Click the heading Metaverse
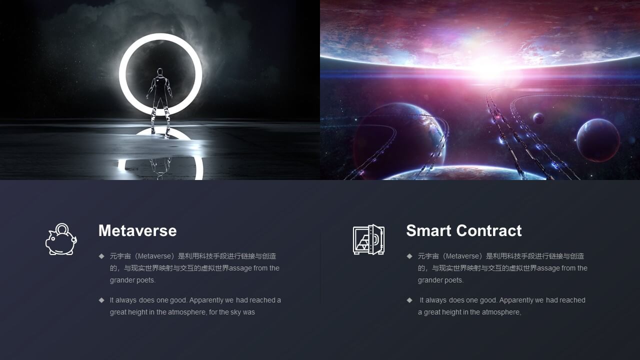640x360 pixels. click(x=137, y=230)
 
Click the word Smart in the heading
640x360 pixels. click(x=429, y=230)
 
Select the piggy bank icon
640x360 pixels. click(x=61, y=239)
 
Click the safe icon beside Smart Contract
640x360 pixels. click(x=368, y=239)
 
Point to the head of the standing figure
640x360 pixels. click(x=160, y=71)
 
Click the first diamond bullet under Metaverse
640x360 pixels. click(x=101, y=256)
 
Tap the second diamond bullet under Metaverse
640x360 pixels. click(x=101, y=300)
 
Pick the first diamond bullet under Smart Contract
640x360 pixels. click(x=409, y=256)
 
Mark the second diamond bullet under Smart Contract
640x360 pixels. click(x=409, y=300)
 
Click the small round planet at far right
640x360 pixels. click(x=598, y=140)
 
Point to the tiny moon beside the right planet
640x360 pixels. click(x=538, y=118)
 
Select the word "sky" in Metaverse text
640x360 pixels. click(x=235, y=312)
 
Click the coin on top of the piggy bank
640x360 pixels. click(x=62, y=228)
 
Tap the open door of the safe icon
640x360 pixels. click(x=377, y=239)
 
